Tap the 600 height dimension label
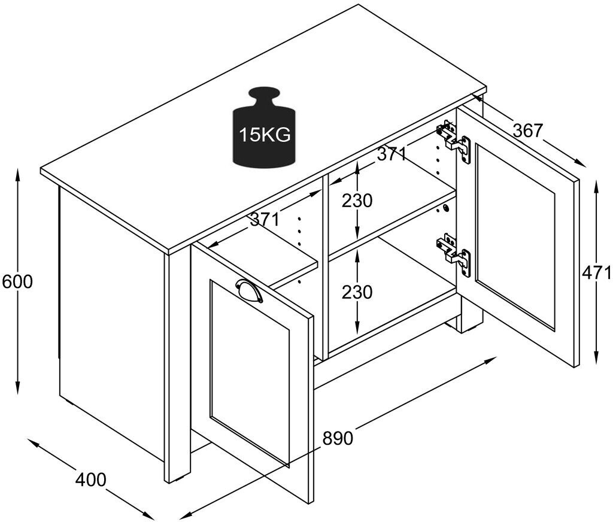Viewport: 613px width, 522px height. tap(17, 281)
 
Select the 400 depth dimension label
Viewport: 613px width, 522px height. tap(90, 479)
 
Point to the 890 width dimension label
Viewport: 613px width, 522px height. tap(338, 438)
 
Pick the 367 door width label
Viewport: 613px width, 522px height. tap(527, 130)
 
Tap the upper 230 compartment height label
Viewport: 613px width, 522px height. tap(357, 201)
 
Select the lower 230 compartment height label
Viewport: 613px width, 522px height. tap(357, 292)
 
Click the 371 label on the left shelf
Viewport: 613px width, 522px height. tap(265, 220)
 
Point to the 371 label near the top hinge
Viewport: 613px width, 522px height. tap(392, 154)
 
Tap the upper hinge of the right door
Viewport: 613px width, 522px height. tap(455, 140)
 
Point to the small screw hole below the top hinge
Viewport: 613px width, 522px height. tap(445, 208)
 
